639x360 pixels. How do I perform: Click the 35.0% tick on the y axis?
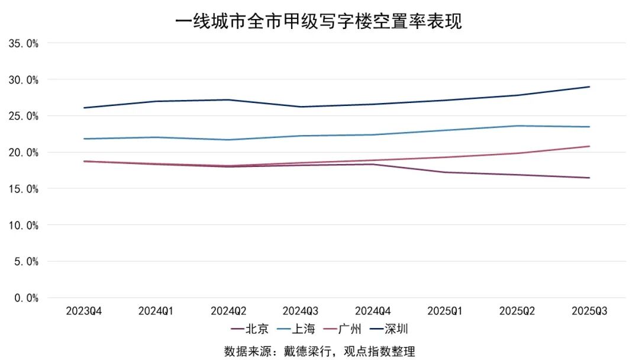[24, 43]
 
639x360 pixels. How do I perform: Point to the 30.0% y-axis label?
[24, 79]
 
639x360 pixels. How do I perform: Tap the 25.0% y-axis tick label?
[24, 116]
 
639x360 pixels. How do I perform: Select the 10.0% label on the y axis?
[24, 225]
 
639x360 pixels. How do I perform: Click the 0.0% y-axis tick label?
[26, 298]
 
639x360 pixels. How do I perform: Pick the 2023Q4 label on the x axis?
[84, 311]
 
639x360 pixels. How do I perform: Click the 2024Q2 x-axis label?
[228, 311]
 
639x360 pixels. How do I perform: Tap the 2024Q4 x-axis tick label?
[373, 311]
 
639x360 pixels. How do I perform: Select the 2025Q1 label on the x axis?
[445, 311]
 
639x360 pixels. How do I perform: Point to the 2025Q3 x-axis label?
[589, 311]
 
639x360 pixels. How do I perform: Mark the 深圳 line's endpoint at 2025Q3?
[589, 87]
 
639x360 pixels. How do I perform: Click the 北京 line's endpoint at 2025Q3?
[589, 178]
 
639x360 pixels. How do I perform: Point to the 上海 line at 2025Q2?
[517, 126]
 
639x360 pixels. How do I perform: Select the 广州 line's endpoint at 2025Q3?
[589, 146]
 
